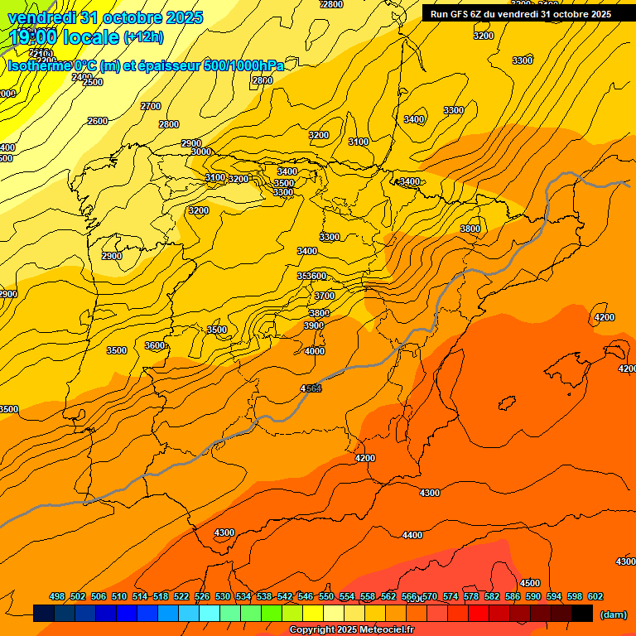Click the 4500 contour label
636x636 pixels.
pos(530,583)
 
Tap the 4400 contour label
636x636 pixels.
pos(412,536)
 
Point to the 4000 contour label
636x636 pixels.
pos(315,351)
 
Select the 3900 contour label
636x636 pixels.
pos(314,325)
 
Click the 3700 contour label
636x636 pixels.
pos(325,296)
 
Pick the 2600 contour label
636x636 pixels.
pos(98,121)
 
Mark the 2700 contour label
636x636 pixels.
pos(151,106)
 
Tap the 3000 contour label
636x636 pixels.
pos(200,152)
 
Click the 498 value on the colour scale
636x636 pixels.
pos(57,596)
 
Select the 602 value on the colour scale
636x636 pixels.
pos(595,596)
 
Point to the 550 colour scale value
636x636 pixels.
pos(326,596)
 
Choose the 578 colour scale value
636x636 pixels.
pos(471,596)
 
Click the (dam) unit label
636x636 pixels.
pos(613,614)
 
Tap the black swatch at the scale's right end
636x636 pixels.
pos(582,613)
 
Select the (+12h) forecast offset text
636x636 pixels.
pos(143,37)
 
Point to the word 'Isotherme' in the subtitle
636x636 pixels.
pos(38,65)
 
